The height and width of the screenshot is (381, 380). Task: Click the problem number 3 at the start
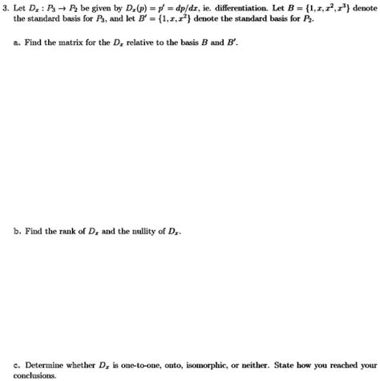(x=6, y=8)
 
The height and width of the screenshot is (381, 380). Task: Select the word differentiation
(x=240, y=8)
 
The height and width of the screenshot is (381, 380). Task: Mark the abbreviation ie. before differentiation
(x=214, y=8)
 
